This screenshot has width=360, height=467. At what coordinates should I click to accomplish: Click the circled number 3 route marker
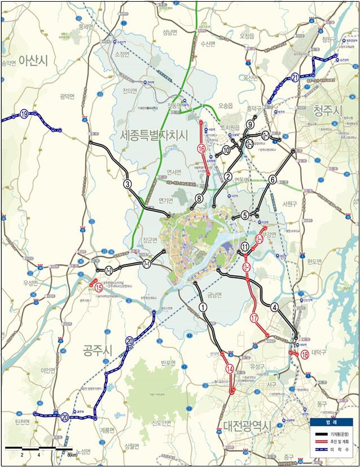click(128, 184)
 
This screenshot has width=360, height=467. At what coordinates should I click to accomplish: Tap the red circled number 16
click(201, 149)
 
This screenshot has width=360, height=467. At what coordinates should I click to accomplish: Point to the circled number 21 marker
click(296, 77)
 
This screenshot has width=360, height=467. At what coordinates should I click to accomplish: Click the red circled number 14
click(229, 369)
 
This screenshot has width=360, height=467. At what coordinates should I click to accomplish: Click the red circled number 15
click(99, 287)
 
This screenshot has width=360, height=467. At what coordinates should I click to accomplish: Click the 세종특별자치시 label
click(153, 135)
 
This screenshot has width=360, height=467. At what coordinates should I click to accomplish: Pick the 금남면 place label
click(216, 294)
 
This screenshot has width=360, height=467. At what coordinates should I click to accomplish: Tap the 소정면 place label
click(122, 54)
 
